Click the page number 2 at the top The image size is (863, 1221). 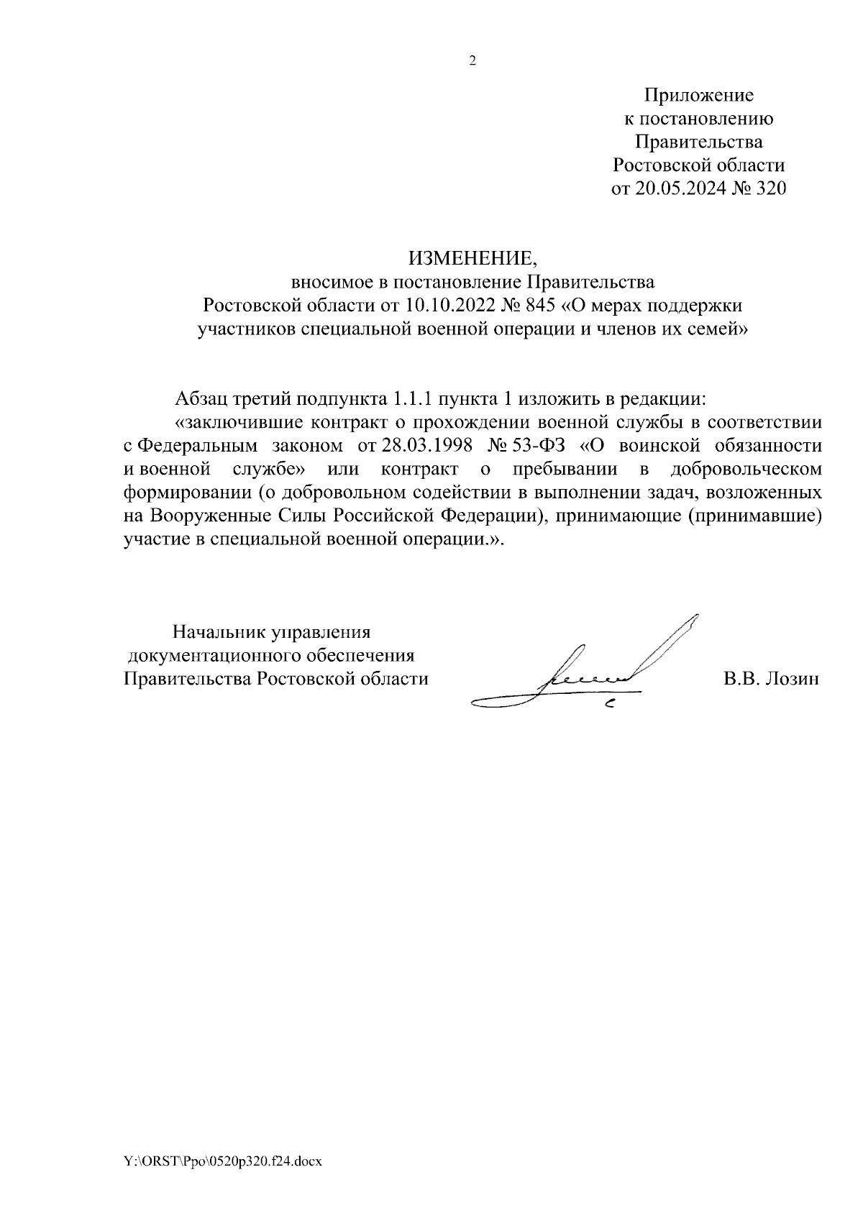[472, 61]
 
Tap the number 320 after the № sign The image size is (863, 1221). [768, 188]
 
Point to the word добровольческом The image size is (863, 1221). [746, 470]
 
